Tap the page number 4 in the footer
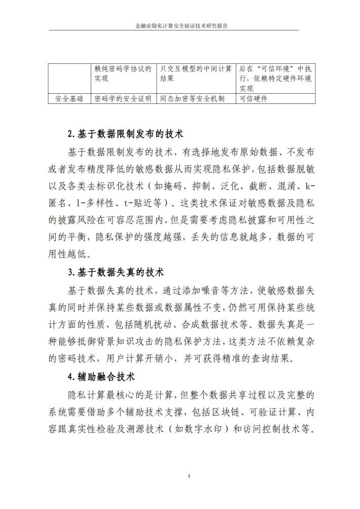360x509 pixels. tap(189, 476)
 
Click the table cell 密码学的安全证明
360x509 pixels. tap(123, 99)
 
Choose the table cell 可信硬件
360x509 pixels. tap(254, 99)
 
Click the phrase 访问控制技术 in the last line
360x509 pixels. tap(274, 428)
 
